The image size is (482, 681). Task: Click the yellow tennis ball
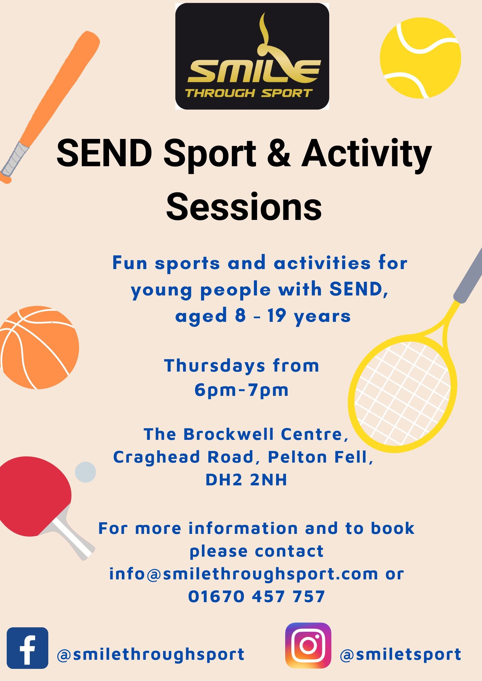[420, 58]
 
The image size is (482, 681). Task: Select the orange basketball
[38, 347]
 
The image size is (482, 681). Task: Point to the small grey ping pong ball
[85, 472]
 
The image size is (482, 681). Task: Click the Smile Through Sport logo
[252, 56]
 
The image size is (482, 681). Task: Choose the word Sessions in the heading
[244, 207]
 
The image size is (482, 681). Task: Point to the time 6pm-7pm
[241, 390]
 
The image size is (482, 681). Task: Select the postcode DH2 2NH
[246, 480]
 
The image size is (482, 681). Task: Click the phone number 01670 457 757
[257, 596]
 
